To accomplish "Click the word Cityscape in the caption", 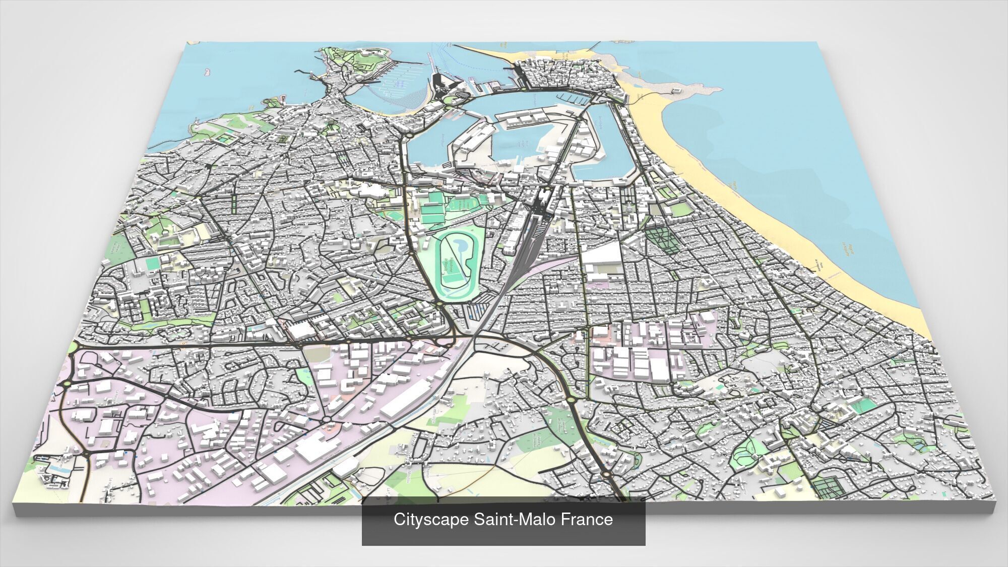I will pyautogui.click(x=431, y=520).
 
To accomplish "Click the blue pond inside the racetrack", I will pyautogui.click(x=459, y=245).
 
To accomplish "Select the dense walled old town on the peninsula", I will pyautogui.click(x=570, y=76).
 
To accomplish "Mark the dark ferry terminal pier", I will pyautogui.click(x=437, y=83).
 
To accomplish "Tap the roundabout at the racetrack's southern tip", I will pyautogui.click(x=439, y=304).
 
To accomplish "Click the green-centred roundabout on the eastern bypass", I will pyautogui.click(x=571, y=400).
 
